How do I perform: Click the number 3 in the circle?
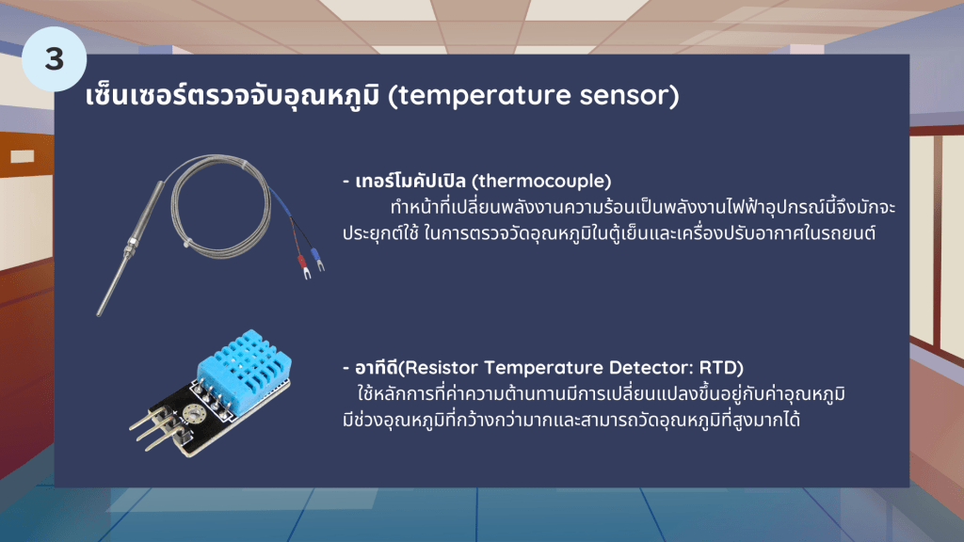pos(54,59)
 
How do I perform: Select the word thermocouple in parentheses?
pos(541,181)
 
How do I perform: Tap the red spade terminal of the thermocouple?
pos(303,265)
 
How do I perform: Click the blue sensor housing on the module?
pos(244,363)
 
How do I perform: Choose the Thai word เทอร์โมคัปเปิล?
pos(410,181)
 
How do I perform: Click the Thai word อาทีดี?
pos(377,368)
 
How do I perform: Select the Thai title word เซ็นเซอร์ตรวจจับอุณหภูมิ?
pos(233,96)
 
